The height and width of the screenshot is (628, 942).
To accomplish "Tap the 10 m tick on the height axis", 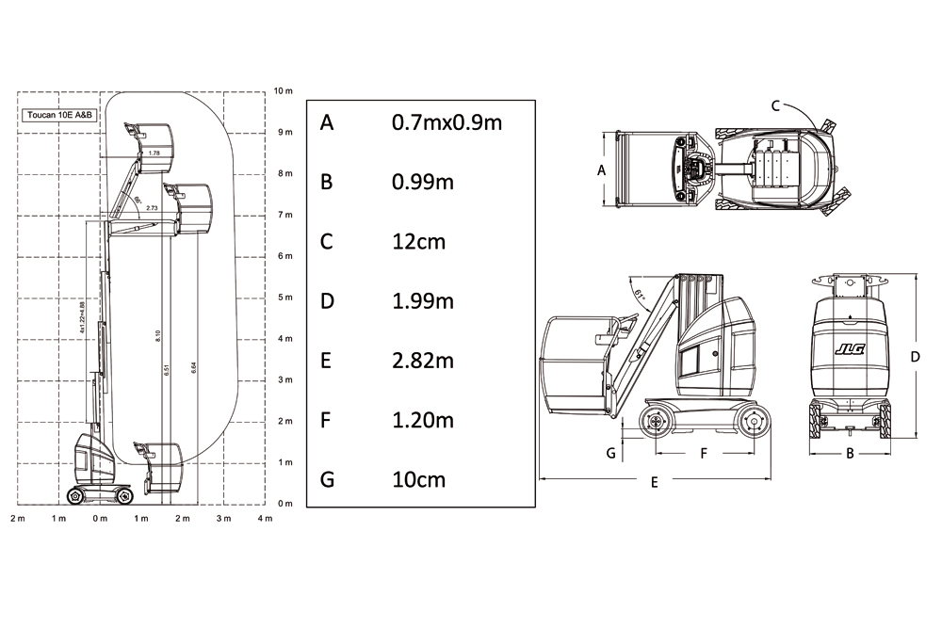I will click(x=284, y=90).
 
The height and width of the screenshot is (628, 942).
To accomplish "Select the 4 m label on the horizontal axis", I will click(x=265, y=519).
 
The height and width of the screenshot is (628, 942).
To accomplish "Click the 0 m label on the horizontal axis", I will click(x=99, y=519).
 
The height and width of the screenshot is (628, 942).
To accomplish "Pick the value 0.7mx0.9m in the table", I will click(x=447, y=122).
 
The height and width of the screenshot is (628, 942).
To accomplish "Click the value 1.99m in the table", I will click(x=422, y=301).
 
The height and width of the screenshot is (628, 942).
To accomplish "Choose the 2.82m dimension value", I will click(x=422, y=361).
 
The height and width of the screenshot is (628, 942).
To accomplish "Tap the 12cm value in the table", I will click(x=418, y=242).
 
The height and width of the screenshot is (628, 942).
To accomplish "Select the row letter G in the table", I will click(x=327, y=480).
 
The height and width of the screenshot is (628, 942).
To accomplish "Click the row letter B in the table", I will click(x=326, y=182).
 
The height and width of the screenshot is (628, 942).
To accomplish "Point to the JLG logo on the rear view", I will click(x=849, y=349).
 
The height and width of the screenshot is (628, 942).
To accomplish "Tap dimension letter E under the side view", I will click(x=654, y=482).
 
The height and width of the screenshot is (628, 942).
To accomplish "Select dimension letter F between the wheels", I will click(x=703, y=453).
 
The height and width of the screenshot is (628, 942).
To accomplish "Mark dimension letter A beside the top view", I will click(x=602, y=170).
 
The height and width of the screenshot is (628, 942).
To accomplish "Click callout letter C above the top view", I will click(x=775, y=105).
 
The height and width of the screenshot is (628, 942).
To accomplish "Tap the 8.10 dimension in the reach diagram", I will click(x=158, y=335).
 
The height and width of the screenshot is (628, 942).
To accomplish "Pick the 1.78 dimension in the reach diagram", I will click(x=154, y=153).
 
